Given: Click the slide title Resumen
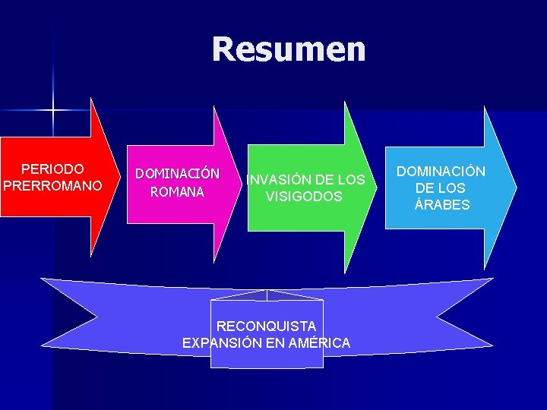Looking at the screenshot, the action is coord(289,49).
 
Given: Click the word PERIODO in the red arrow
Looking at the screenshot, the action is coord(52,169).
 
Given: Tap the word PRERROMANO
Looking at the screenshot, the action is coord(52,184).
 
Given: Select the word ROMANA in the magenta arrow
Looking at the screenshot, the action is coord(177,192).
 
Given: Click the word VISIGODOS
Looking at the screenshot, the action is coord(304,197).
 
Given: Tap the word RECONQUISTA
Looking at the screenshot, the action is coord(266,326).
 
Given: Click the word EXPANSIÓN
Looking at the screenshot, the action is coord(223,343).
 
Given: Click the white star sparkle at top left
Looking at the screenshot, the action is coord(53,110).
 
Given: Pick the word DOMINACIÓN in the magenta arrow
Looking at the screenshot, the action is coord(177,174).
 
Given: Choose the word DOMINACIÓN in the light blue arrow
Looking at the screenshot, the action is coord(441,172).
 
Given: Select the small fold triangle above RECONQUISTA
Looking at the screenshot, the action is coord(266,295).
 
